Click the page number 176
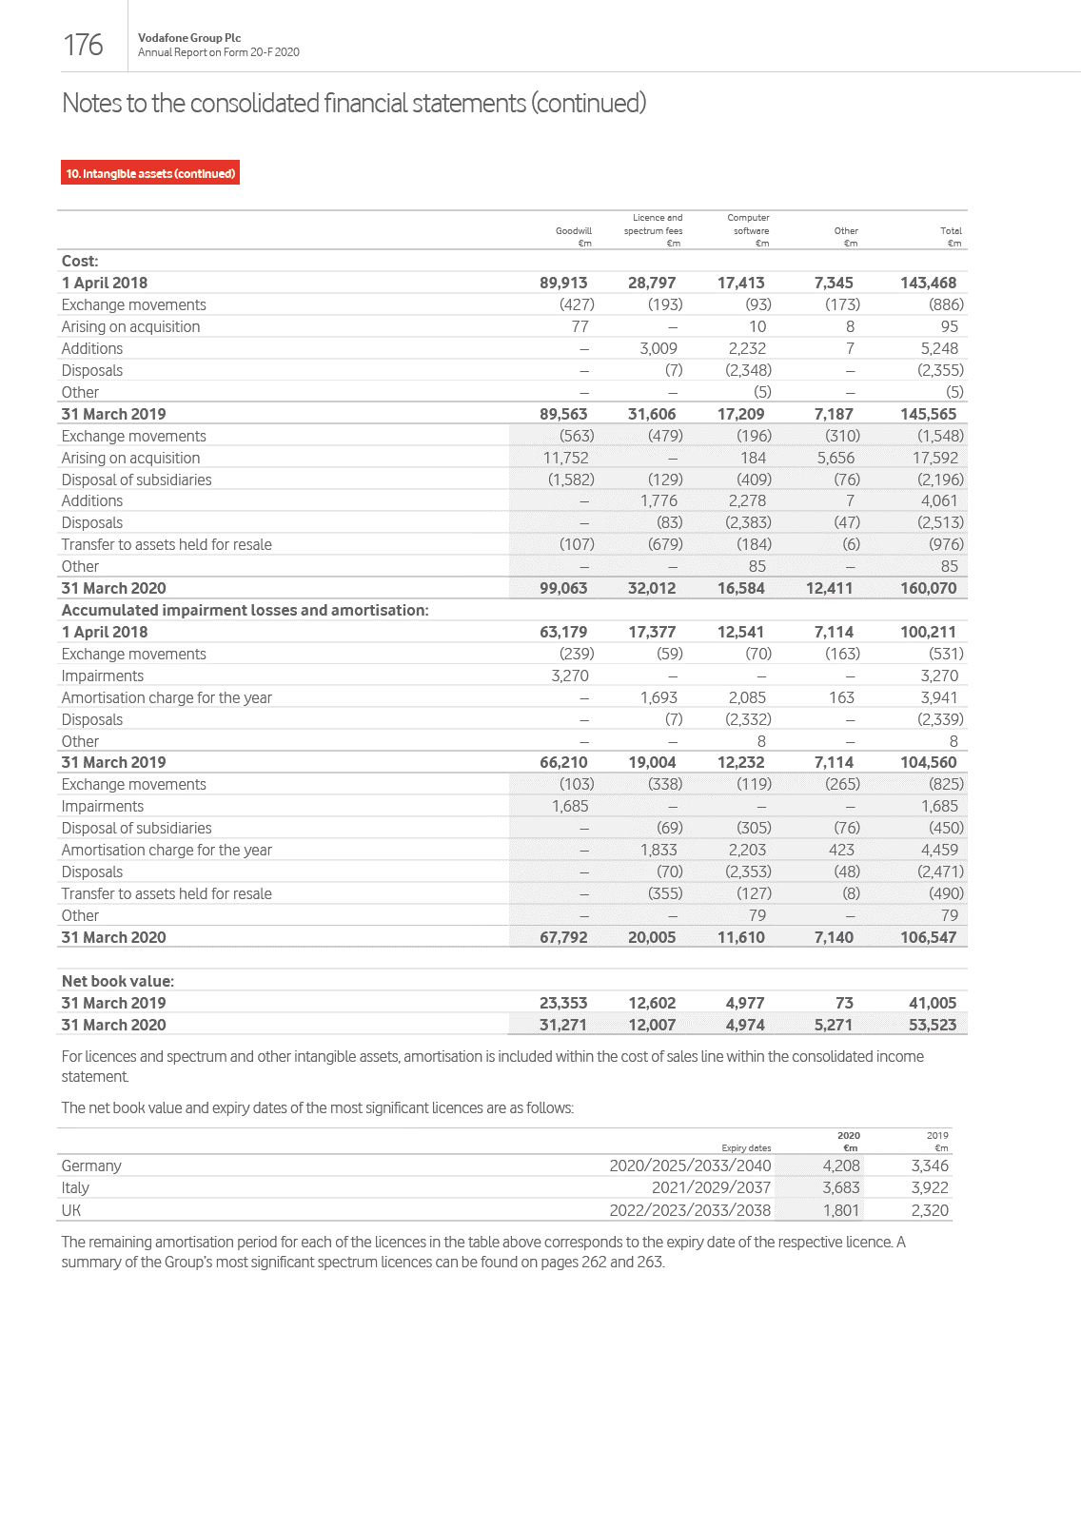(83, 45)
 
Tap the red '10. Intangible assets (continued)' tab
(150, 173)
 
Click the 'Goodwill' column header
(573, 231)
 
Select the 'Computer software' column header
(749, 225)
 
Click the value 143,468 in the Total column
(928, 283)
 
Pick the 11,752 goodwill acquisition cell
(565, 458)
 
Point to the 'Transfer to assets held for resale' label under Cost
(167, 544)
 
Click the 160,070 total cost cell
(928, 588)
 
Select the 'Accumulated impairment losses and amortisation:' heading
(245, 610)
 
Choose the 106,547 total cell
(928, 937)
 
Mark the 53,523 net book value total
(932, 1025)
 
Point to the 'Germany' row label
(91, 1166)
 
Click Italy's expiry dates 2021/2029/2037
(711, 1187)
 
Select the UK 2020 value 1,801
(840, 1210)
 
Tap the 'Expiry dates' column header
(746, 1148)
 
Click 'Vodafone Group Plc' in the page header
(189, 38)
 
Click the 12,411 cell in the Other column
(829, 588)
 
